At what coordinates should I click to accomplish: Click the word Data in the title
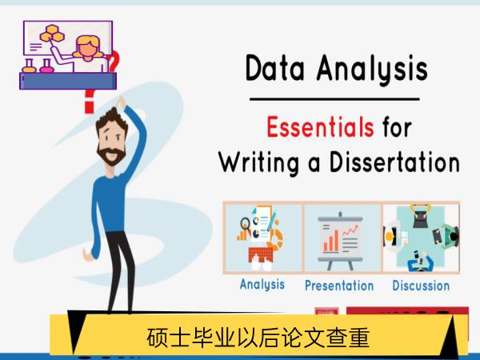[x=275, y=68]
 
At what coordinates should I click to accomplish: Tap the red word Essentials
[x=320, y=126]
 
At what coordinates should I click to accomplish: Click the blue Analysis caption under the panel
[x=262, y=284]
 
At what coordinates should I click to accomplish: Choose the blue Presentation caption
[x=339, y=286]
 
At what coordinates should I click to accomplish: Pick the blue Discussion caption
[x=421, y=286]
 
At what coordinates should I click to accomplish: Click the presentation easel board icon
[x=341, y=240]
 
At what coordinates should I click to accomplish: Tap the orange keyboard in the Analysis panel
[x=261, y=254]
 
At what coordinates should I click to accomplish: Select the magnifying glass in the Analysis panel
[x=245, y=224]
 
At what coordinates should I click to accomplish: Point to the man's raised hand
[x=120, y=102]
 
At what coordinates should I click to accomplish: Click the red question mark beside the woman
[x=114, y=62]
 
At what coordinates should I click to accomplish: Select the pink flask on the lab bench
[x=46, y=66]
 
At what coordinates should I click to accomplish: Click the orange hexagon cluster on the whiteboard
[x=52, y=34]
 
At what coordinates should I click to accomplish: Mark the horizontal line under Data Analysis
[x=334, y=99]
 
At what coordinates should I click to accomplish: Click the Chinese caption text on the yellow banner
[x=258, y=338]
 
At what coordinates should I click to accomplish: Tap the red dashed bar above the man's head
[x=89, y=102]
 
